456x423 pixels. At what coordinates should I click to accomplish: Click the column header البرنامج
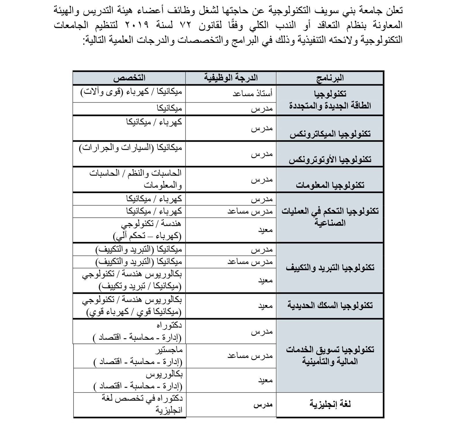click(330, 78)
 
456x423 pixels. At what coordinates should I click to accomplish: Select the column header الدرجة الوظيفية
click(231, 78)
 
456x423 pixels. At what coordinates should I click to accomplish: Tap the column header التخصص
click(129, 78)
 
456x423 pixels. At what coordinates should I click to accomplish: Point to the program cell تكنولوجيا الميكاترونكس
click(330, 134)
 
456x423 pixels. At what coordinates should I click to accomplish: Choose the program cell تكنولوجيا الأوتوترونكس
click(330, 159)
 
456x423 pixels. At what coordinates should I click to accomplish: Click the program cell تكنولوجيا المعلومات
click(330, 185)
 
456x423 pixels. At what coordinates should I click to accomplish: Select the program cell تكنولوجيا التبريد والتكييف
click(330, 268)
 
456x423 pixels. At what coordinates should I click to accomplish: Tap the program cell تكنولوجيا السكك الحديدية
click(330, 305)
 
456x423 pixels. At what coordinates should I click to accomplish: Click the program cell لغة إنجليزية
click(330, 404)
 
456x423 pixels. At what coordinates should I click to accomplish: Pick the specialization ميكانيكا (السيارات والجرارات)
click(131, 148)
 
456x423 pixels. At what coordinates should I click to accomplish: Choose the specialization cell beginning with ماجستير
click(138, 356)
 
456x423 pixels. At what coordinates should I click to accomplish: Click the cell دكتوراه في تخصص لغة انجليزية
click(142, 404)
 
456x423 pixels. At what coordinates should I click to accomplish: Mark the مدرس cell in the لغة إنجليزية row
click(263, 405)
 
